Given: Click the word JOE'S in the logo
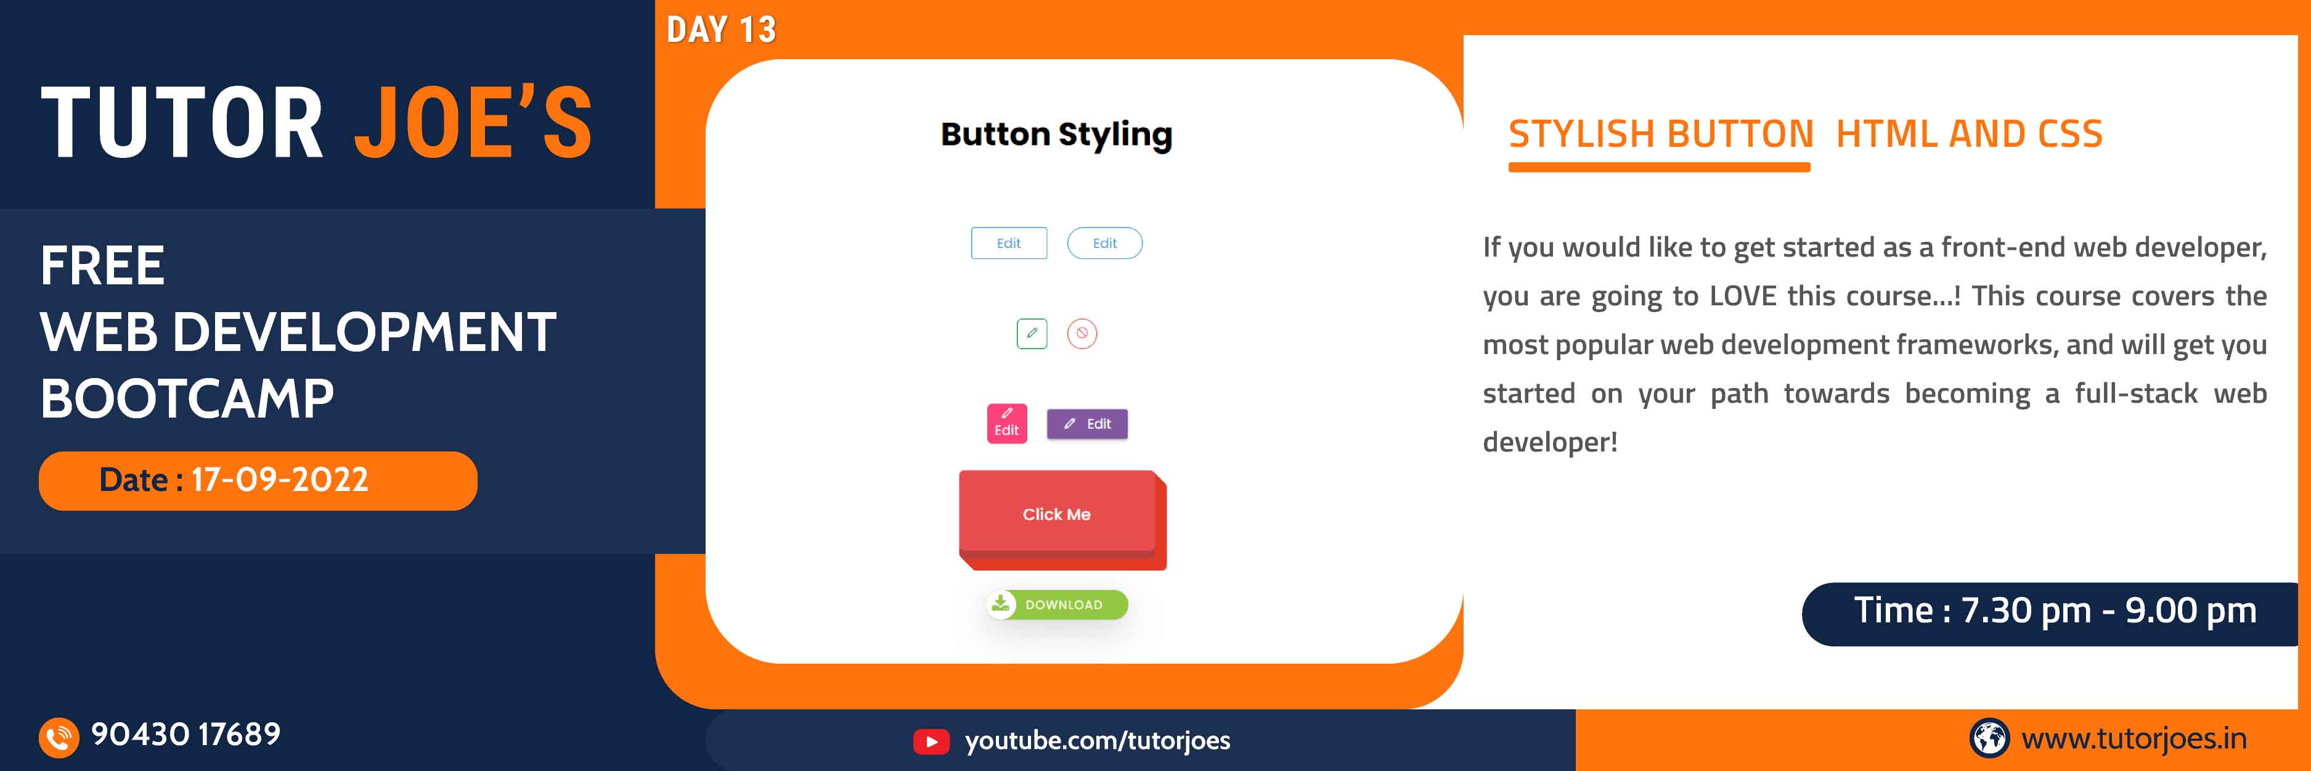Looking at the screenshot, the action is point(473,123).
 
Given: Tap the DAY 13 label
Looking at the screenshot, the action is point(720,30).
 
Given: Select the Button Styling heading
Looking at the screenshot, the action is point(1056,134).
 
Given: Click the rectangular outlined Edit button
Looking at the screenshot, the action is point(1008,243).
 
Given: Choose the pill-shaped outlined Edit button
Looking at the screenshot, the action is point(1104,243).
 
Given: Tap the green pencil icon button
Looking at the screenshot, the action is point(1032,333).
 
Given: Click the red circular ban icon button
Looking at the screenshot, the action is point(1082,333).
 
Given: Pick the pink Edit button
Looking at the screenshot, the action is point(1006,424).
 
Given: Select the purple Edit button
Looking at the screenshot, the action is point(1087,424).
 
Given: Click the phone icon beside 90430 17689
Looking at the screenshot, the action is point(59,738).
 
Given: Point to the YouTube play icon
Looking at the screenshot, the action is point(931,741).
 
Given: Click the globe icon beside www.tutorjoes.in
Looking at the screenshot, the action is point(1989,738).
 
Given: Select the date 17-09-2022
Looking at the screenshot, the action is point(280,480).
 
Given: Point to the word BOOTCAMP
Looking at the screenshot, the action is point(187,398).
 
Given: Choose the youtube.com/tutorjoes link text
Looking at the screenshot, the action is point(1097,741).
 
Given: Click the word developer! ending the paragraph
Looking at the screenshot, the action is point(1549,442).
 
